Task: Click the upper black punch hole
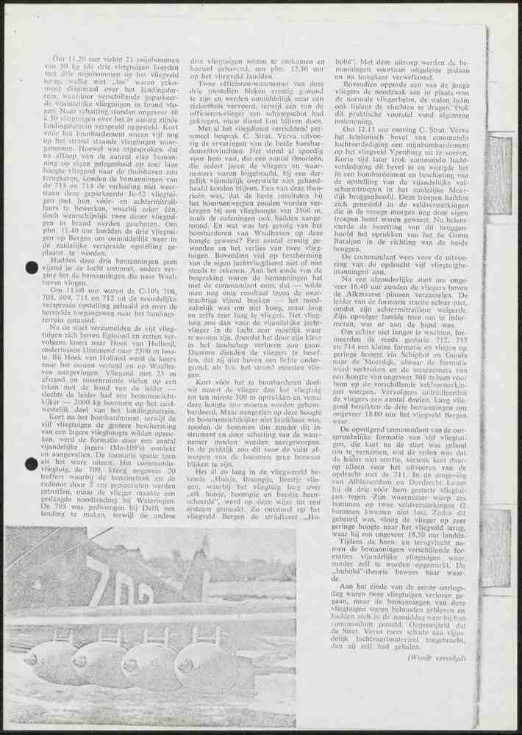[x=32, y=268]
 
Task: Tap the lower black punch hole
[x=32, y=463]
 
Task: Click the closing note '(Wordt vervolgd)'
[x=437, y=658]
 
